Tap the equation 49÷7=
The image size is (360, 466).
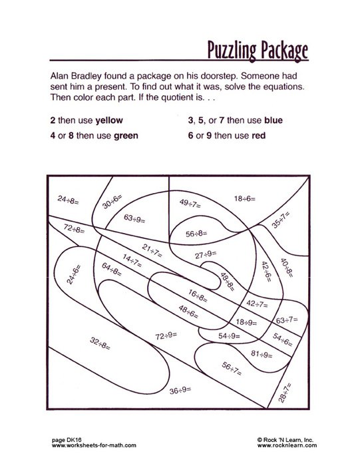click(x=192, y=203)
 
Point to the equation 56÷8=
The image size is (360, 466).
click(x=198, y=233)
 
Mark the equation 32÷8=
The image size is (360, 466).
click(x=100, y=344)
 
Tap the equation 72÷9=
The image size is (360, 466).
click(x=167, y=336)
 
